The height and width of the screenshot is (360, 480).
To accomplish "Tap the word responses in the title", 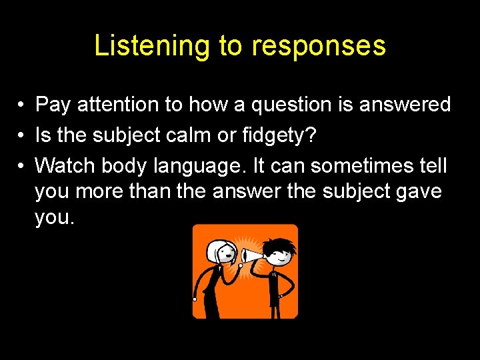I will pyautogui.click(x=318, y=47).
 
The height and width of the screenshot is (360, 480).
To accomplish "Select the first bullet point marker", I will pyautogui.click(x=22, y=105).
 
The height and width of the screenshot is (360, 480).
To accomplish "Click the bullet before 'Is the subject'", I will pyautogui.click(x=22, y=134).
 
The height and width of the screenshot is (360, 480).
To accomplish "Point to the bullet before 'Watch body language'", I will pyautogui.click(x=22, y=163).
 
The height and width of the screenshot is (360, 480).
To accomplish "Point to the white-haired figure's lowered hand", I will pyautogui.click(x=195, y=299).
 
